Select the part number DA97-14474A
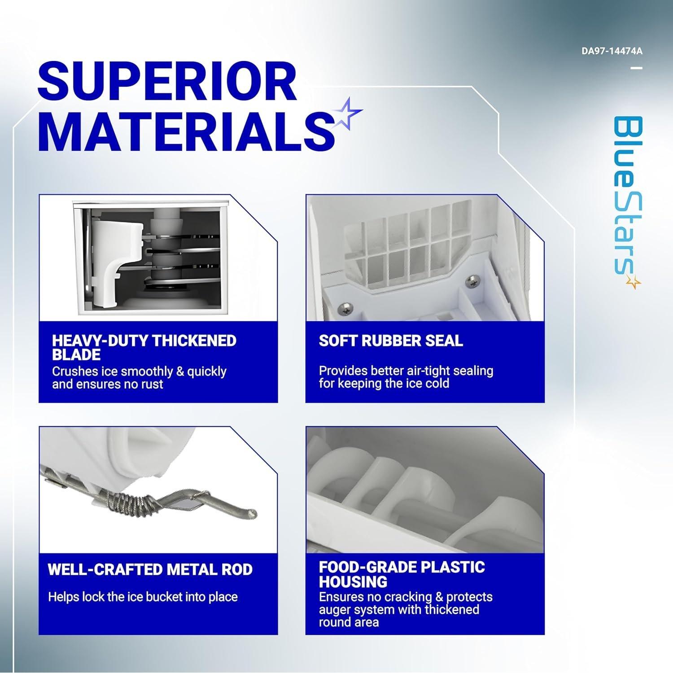(x=612, y=51)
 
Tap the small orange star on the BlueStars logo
(x=634, y=282)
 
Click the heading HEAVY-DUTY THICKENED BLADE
(x=144, y=347)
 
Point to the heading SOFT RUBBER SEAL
(x=391, y=341)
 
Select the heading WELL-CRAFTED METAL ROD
(x=150, y=569)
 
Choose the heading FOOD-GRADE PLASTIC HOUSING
(x=402, y=574)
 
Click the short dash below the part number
(x=636, y=68)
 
